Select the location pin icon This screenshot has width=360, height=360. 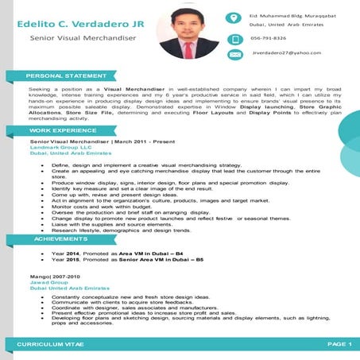click(x=234, y=18)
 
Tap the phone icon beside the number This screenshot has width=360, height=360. click(x=234, y=37)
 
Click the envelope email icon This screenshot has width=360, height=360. click(x=234, y=54)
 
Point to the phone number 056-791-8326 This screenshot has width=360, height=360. click(x=268, y=37)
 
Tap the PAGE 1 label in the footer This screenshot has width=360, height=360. click(x=338, y=343)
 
